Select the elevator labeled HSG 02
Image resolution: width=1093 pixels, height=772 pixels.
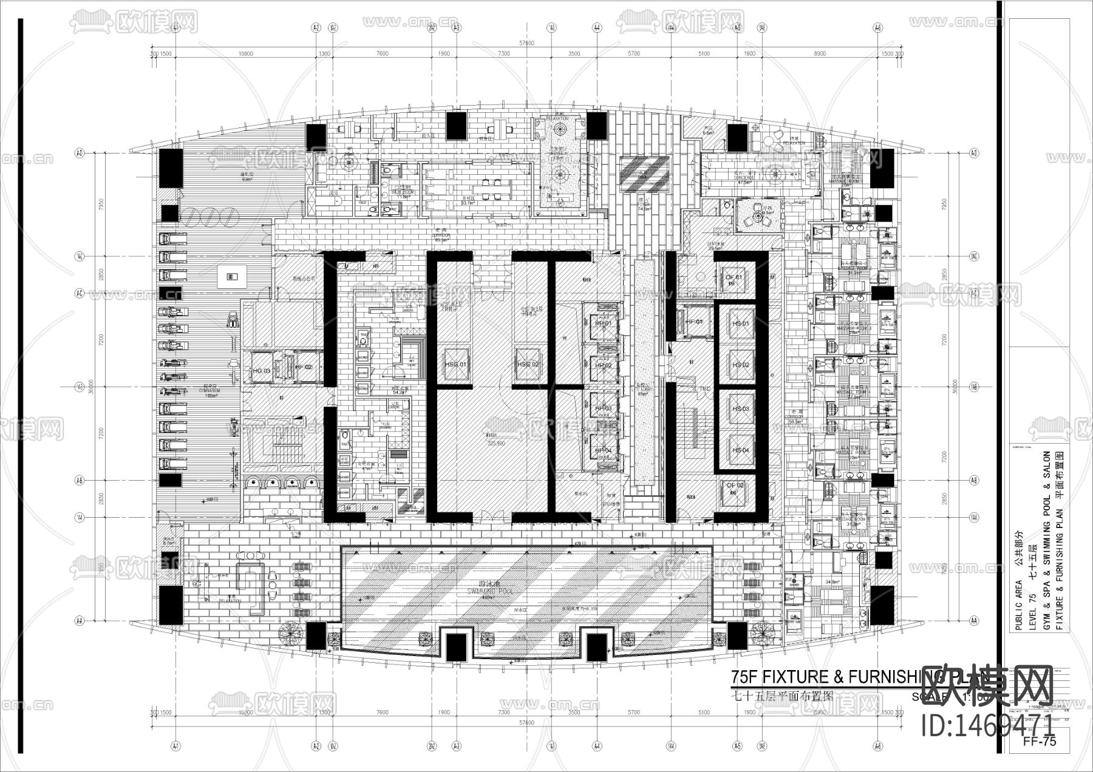(x=528, y=364)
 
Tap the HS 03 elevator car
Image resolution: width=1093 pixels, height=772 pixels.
(x=740, y=408)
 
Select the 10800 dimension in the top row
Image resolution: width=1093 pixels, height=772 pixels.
(x=245, y=53)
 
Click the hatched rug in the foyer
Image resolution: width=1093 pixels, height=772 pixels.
(x=644, y=166)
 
